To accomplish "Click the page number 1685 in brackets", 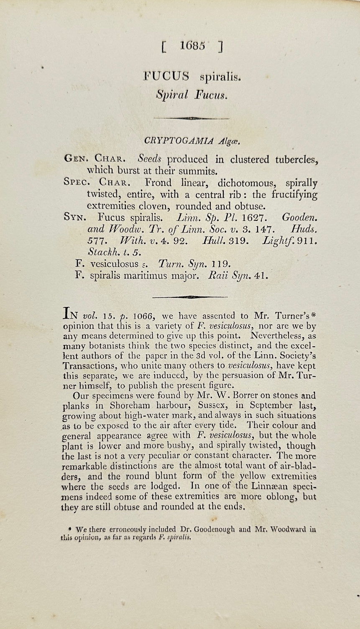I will click(x=192, y=46).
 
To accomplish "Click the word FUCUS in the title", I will click(x=166, y=77).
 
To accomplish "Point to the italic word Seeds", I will click(x=149, y=159).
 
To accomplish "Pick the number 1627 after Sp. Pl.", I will click(x=253, y=218).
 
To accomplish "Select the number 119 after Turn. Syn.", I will click(x=221, y=264).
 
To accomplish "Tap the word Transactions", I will click(x=89, y=366).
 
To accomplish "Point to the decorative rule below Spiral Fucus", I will click(x=191, y=119).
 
